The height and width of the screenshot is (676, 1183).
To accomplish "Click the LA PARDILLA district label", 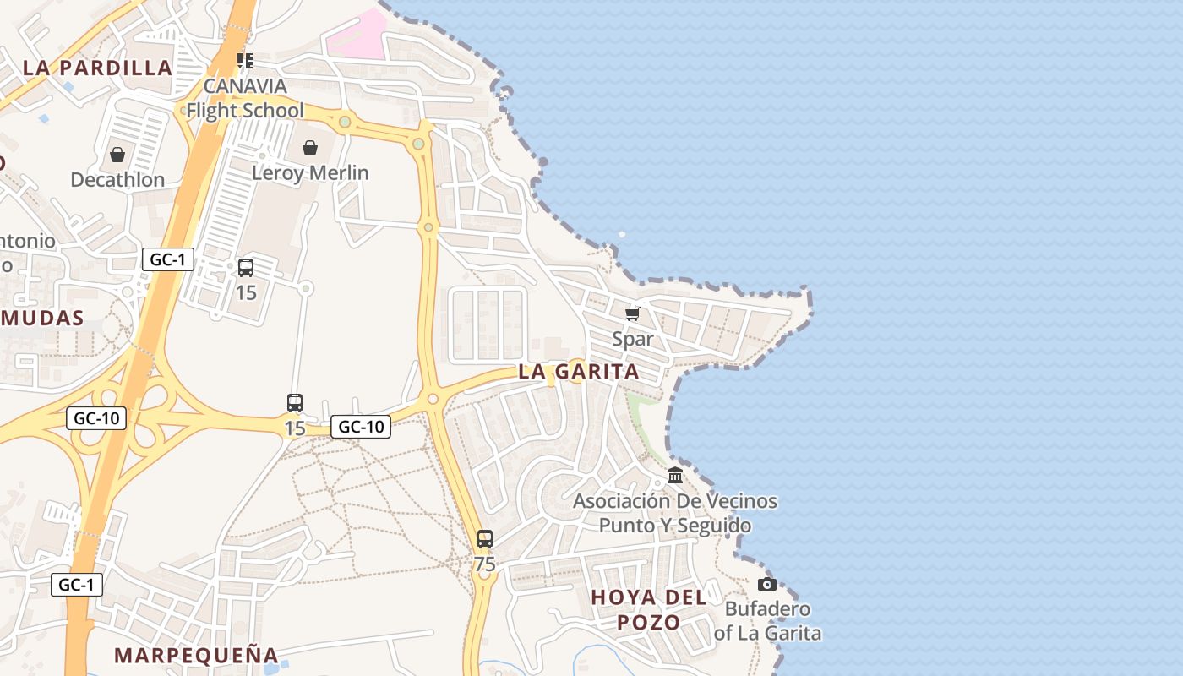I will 97,68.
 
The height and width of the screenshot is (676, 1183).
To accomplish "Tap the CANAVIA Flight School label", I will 245,98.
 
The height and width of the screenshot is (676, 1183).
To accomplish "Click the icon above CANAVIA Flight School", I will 245,60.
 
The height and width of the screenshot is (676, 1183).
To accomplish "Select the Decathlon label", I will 117,179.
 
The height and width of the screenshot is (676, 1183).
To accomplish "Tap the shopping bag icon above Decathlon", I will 117,155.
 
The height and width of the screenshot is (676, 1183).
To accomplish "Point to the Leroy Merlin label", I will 310,172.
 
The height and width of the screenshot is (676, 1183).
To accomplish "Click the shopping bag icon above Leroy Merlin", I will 310,148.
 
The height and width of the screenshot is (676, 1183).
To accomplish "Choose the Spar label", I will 633,339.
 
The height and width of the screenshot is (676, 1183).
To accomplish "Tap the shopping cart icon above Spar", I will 632,314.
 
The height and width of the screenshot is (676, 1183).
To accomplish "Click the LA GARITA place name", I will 579,371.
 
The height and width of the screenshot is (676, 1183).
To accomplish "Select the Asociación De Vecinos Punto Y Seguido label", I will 675,513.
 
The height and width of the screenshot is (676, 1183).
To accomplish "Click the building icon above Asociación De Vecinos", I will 675,476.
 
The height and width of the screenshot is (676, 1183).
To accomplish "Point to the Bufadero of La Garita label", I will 767,620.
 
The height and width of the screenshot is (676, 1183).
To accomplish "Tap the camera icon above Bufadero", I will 767,584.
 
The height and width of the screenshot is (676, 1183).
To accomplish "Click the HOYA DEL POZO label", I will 649,609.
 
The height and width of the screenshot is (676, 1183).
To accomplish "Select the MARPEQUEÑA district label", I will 196,655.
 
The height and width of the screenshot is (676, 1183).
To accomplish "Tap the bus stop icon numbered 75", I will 484,538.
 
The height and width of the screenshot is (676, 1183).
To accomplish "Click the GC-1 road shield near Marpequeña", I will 77,584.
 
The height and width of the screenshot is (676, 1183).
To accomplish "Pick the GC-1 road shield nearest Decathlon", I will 168,259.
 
